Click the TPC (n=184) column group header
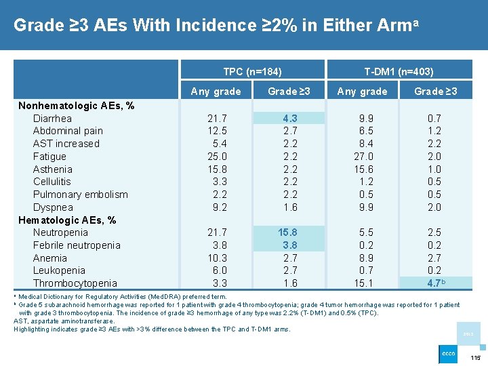pos(252,71)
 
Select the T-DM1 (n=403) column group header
pos(399,71)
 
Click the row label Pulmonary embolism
pos(80,195)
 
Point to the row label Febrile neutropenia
pos(77,245)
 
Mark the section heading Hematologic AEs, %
pos(67,220)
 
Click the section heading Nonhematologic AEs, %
pos(76,106)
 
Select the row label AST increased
pos(66,144)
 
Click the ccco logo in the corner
pos(449,354)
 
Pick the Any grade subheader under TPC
pos(216,91)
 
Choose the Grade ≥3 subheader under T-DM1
pos(435,91)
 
